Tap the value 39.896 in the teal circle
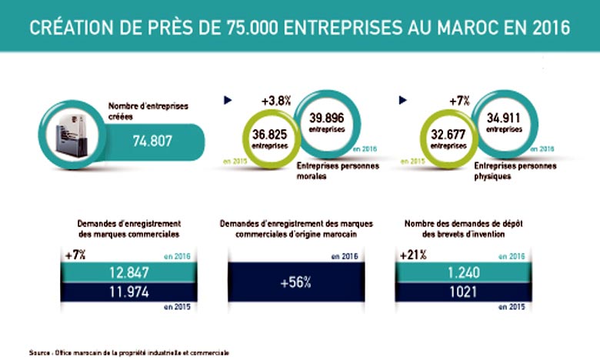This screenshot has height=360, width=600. (x=327, y=117)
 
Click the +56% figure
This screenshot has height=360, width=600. (x=295, y=282)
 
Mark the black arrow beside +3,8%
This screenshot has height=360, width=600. (x=227, y=100)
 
